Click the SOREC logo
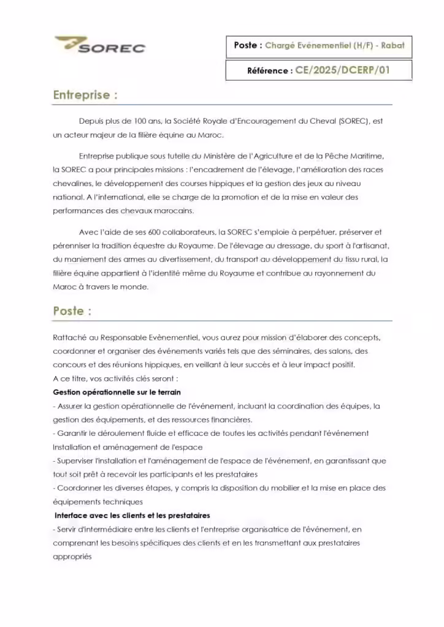(100, 45)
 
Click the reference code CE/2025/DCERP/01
(342, 70)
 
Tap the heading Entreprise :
(85, 95)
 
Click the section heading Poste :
(72, 310)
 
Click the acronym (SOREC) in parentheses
(354, 121)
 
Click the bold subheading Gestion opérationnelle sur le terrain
(117, 392)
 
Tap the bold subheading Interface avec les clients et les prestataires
(132, 516)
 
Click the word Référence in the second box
(269, 71)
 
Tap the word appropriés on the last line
(72, 557)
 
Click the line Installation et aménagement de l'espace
(128, 447)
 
